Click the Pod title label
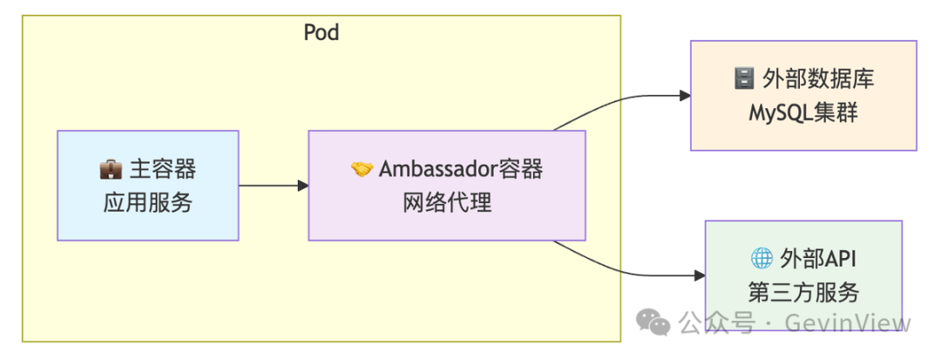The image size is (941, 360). [x=321, y=31]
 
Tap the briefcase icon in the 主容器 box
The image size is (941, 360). [x=111, y=170]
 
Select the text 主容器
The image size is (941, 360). [x=162, y=170]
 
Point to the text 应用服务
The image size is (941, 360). [x=147, y=203]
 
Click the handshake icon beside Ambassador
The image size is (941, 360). [x=362, y=170]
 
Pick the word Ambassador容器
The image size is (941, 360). [x=460, y=170]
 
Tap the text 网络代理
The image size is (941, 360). [x=447, y=203]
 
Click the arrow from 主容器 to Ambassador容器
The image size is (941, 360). [x=274, y=186]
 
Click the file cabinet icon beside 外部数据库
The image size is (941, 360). [x=743, y=79]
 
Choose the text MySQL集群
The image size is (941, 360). [x=803, y=112]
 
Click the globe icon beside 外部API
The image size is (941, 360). [x=761, y=259]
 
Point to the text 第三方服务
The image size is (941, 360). [x=803, y=293]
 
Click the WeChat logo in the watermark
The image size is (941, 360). [x=653, y=323]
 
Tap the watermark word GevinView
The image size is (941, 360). [x=848, y=323]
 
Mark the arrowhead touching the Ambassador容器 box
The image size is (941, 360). [x=303, y=186]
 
